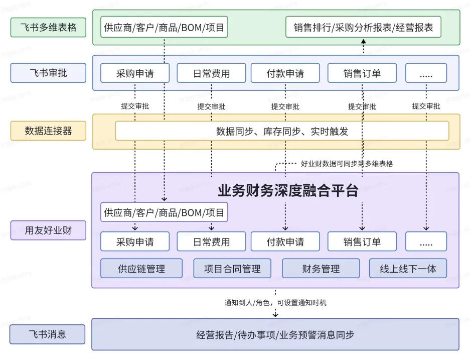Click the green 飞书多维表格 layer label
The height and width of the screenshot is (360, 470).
(48, 27)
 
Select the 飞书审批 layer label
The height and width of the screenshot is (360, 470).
(48, 73)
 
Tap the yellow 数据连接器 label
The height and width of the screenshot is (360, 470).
(48, 131)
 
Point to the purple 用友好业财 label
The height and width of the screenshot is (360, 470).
(48, 230)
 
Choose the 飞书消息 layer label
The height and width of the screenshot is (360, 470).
(47, 334)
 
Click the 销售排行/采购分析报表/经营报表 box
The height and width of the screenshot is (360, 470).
(363, 27)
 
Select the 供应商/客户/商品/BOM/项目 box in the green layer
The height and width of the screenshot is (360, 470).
(164, 27)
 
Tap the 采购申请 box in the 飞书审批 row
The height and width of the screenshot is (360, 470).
(135, 73)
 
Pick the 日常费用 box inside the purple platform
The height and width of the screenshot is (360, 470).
(211, 242)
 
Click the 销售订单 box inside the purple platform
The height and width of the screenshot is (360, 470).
(362, 242)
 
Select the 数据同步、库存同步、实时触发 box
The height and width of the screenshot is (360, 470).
(282, 131)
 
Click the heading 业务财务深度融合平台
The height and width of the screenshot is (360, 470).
(288, 191)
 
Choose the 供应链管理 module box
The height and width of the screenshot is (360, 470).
(141, 269)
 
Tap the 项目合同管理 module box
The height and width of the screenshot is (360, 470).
(232, 269)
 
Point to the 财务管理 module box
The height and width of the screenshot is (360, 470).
(321, 269)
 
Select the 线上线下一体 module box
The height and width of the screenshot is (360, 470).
(408, 269)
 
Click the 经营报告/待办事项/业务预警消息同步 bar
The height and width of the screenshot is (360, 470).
(275, 334)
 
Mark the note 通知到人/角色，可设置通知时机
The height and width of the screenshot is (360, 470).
(275, 303)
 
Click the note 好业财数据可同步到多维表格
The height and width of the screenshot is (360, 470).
(347, 164)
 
